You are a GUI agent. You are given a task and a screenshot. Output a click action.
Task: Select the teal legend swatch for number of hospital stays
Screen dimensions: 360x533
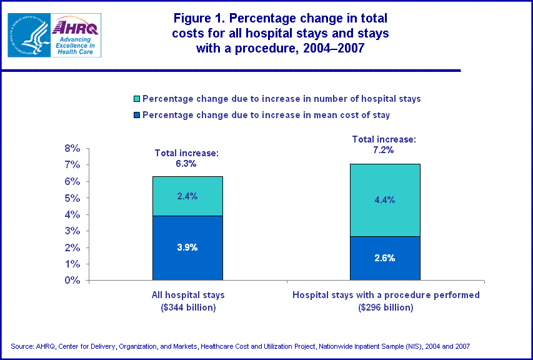click(x=137, y=99)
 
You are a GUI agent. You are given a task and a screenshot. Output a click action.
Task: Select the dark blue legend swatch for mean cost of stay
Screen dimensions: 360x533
click(x=137, y=115)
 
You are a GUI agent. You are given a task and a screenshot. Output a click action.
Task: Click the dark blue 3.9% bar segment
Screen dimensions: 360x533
click(x=187, y=247)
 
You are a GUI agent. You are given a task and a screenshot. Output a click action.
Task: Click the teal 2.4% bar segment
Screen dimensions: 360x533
click(x=187, y=196)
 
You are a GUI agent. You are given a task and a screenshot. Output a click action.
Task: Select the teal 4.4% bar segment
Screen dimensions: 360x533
click(x=385, y=200)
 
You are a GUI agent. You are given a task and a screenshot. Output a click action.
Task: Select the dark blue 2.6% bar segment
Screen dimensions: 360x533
click(x=385, y=258)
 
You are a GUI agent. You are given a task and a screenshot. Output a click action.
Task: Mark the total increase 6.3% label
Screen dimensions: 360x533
click(x=186, y=159)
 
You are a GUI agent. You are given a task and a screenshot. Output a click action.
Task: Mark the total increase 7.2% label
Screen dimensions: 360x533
click(x=384, y=144)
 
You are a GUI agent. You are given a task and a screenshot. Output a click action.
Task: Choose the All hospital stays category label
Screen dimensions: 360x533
click(x=187, y=294)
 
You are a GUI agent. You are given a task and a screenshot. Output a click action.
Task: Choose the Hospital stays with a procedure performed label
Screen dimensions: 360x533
click(x=386, y=294)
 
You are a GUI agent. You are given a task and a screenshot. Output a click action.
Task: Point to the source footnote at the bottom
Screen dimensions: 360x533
click(x=240, y=346)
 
